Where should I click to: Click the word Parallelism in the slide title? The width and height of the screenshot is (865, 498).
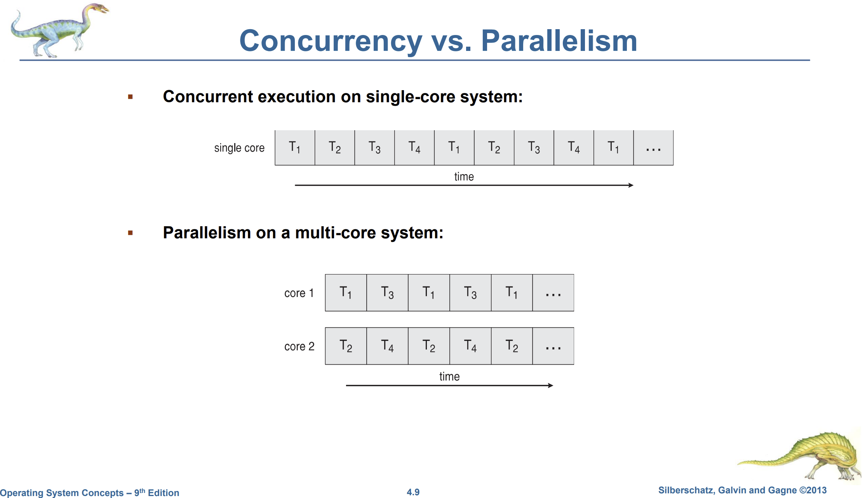(x=559, y=41)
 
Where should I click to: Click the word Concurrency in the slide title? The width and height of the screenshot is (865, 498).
(x=331, y=41)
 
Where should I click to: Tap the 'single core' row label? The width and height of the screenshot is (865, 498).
(x=239, y=148)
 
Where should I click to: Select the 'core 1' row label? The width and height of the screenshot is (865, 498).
(x=299, y=293)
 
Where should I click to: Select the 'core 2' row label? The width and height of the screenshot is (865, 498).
(x=299, y=346)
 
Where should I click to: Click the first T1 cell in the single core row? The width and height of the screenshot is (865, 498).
(x=295, y=148)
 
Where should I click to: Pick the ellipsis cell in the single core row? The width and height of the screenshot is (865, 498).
(x=653, y=148)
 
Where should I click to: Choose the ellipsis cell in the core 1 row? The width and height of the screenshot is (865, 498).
(x=553, y=293)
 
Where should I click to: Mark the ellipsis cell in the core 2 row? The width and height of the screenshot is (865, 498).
(x=553, y=346)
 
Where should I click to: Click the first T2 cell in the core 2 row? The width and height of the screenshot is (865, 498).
(x=346, y=346)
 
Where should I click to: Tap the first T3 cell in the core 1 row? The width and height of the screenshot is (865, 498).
(x=387, y=293)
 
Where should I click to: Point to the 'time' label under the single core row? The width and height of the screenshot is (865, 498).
(x=464, y=177)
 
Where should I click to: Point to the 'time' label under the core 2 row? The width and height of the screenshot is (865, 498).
(x=449, y=377)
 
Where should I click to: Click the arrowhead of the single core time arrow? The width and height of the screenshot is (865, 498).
(x=631, y=185)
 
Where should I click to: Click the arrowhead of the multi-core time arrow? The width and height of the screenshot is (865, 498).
(x=550, y=386)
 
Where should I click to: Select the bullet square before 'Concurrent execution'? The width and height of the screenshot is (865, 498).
(x=131, y=97)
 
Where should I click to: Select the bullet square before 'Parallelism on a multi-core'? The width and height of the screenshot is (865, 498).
(x=131, y=233)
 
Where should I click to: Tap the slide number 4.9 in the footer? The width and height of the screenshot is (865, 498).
(x=413, y=492)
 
